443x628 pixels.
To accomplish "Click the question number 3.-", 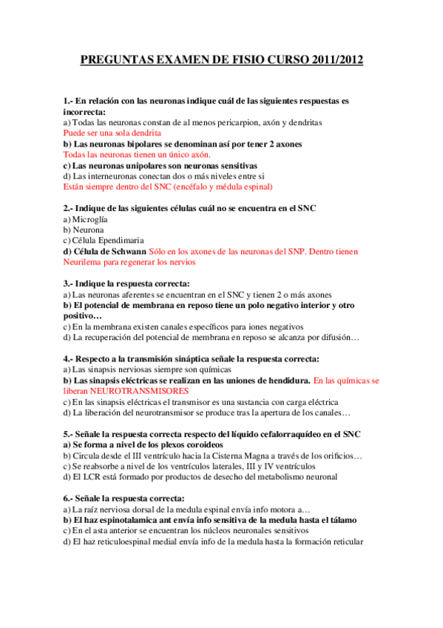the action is [69, 284].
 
